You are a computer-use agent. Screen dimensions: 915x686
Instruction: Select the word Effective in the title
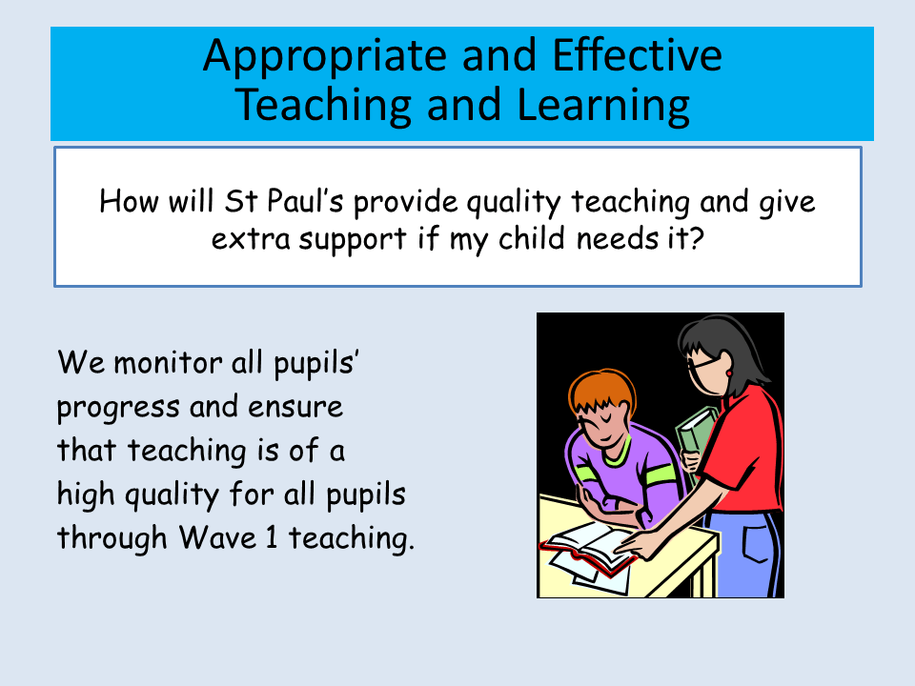pyautogui.click(x=638, y=54)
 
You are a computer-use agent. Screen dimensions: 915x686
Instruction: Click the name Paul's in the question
pyautogui.click(x=305, y=201)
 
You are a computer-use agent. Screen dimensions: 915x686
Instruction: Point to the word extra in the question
pyautogui.click(x=251, y=239)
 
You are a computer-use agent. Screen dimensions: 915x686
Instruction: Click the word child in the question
pyautogui.click(x=532, y=237)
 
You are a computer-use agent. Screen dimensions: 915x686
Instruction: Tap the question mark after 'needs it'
pyautogui.click(x=697, y=238)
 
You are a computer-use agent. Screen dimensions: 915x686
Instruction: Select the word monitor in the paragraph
pyautogui.click(x=168, y=363)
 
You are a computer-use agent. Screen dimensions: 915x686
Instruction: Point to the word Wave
pyautogui.click(x=217, y=536)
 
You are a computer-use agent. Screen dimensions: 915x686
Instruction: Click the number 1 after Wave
pyautogui.click(x=272, y=536)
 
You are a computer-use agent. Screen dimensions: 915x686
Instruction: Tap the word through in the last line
pyautogui.click(x=112, y=537)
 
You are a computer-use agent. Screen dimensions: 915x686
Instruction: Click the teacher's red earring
pyautogui.click(x=729, y=373)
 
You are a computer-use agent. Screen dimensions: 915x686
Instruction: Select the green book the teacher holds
pyautogui.click(x=696, y=434)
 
